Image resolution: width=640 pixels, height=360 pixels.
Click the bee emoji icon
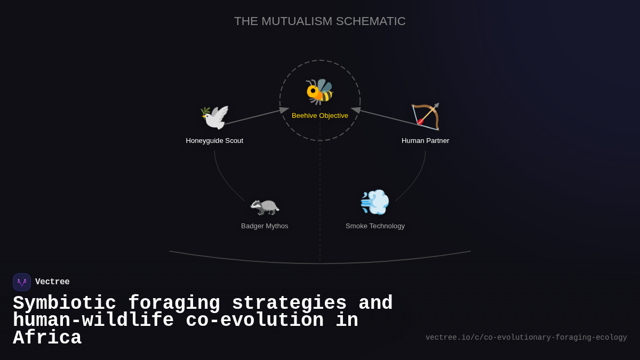(319, 92)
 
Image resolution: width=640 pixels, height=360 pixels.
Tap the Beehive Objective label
(320, 116)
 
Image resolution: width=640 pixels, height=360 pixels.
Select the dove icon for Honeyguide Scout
(214, 117)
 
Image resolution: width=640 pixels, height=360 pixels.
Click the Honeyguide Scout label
(214, 141)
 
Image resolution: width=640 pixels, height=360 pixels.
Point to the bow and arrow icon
(426, 117)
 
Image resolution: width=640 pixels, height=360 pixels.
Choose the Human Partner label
(426, 141)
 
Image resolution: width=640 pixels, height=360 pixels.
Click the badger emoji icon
(265, 207)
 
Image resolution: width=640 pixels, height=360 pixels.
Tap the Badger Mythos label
(265, 226)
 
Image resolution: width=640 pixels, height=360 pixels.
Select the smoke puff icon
(375, 202)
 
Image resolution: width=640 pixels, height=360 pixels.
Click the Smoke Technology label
(375, 226)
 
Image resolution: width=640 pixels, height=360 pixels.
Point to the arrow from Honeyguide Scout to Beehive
(256, 117)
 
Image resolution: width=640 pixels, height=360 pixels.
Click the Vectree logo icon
(22, 282)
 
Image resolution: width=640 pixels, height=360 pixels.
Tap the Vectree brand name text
(52, 282)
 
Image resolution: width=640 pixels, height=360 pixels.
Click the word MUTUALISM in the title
(297, 21)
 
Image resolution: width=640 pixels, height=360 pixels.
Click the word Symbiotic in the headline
(65, 303)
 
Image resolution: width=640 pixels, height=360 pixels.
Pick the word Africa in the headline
(47, 338)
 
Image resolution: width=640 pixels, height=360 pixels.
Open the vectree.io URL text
(526, 338)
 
